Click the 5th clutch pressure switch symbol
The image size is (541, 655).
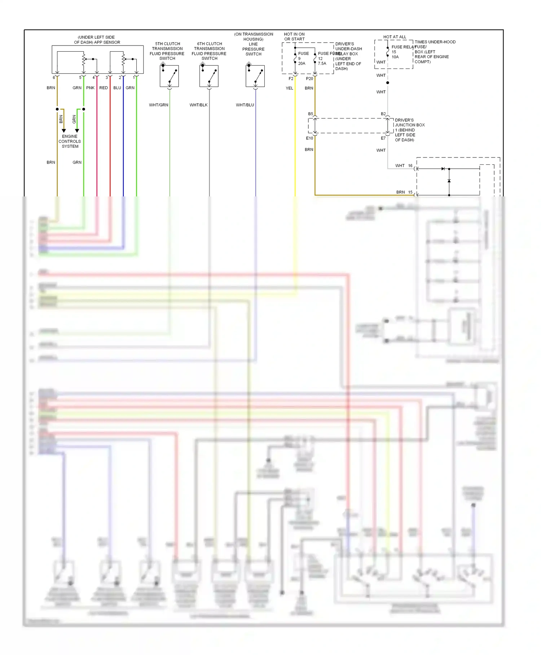[x=169, y=76]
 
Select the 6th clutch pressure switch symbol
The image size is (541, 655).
[x=209, y=76]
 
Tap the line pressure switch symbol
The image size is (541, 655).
[x=255, y=76]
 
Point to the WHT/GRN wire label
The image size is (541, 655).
[x=159, y=105]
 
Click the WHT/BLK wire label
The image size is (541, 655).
[x=199, y=105]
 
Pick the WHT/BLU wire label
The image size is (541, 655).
[x=245, y=105]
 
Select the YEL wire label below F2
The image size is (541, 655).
[x=289, y=88]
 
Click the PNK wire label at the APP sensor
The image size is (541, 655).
[x=90, y=88]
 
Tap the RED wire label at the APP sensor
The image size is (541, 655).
[x=104, y=88]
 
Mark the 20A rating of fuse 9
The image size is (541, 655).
[x=302, y=64]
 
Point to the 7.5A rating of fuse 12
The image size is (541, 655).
[x=322, y=64]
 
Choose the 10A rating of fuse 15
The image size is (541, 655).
[x=395, y=57]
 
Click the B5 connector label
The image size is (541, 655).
[x=311, y=114]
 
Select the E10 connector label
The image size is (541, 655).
[x=309, y=138]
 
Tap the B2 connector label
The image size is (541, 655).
[x=383, y=114]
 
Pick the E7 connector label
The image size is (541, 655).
[x=383, y=138]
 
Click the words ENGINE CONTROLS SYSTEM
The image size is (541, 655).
[x=70, y=142]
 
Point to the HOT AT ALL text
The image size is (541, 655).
[x=395, y=37]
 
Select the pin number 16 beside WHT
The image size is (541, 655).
[x=410, y=166]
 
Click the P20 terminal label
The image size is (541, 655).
[x=309, y=79]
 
